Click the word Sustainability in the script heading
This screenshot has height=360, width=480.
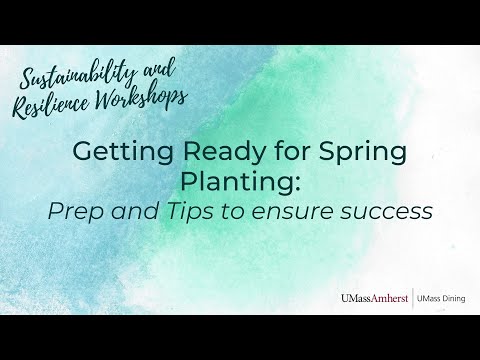[x=77, y=75]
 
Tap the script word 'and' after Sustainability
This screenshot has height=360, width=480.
[x=159, y=69]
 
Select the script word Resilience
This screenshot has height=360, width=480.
[x=51, y=105]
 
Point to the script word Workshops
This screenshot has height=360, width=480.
[x=141, y=97]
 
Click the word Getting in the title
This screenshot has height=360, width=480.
[x=123, y=152]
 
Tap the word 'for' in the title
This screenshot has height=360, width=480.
[x=292, y=151]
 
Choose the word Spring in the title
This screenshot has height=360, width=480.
[x=363, y=152]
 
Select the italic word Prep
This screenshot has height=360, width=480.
[x=76, y=212]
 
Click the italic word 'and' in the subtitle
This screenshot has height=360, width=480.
[x=135, y=211]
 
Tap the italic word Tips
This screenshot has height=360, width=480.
[x=189, y=211]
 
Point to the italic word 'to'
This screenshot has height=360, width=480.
[x=232, y=211]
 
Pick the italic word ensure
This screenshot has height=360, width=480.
[x=292, y=213]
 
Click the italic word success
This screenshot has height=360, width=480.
[x=387, y=213]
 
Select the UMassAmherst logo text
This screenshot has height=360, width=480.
[x=374, y=298]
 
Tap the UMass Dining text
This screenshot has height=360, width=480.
[x=441, y=298]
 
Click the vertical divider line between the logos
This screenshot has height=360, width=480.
[x=413, y=298]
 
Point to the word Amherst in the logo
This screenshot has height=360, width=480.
[x=390, y=298]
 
